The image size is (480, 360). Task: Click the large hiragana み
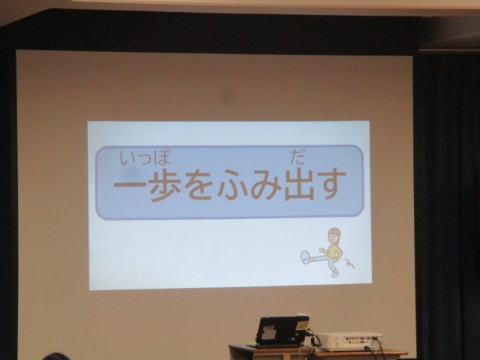pyautogui.click(x=265, y=185)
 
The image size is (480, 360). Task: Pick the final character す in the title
pyautogui.click(x=331, y=184)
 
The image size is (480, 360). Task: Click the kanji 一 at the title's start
pyautogui.click(x=130, y=185)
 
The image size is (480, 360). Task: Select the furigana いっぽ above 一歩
pyautogui.click(x=145, y=157)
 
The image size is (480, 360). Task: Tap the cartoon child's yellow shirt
pyautogui.click(x=333, y=252)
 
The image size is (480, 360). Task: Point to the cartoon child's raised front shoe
pyautogui.click(x=305, y=257)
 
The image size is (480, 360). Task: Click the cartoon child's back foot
pyautogui.click(x=334, y=274)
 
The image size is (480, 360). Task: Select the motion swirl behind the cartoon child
pyautogui.click(x=349, y=263)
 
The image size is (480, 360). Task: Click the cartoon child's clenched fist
pyautogui.click(x=322, y=250)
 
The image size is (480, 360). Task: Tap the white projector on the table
pyautogui.click(x=349, y=341)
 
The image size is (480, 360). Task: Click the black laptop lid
pyautogui.click(x=282, y=330)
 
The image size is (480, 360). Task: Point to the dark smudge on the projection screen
pyautogui.click(x=228, y=97)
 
